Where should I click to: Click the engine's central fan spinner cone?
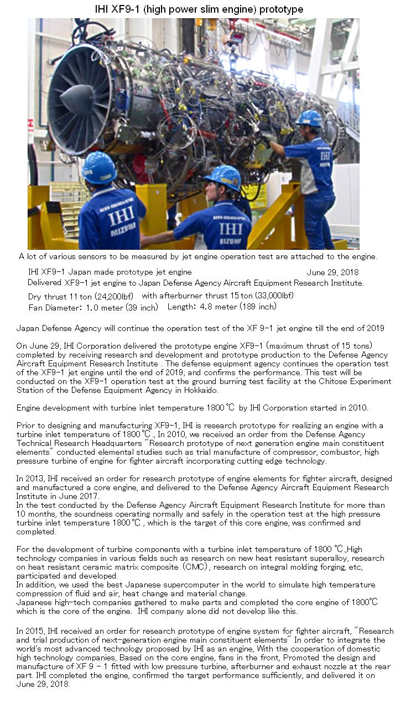click(77, 98)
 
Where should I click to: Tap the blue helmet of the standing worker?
click(309, 118)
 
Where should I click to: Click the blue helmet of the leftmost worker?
click(99, 167)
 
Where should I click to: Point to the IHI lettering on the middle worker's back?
click(231, 228)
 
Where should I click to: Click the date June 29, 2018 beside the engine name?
click(332, 272)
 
